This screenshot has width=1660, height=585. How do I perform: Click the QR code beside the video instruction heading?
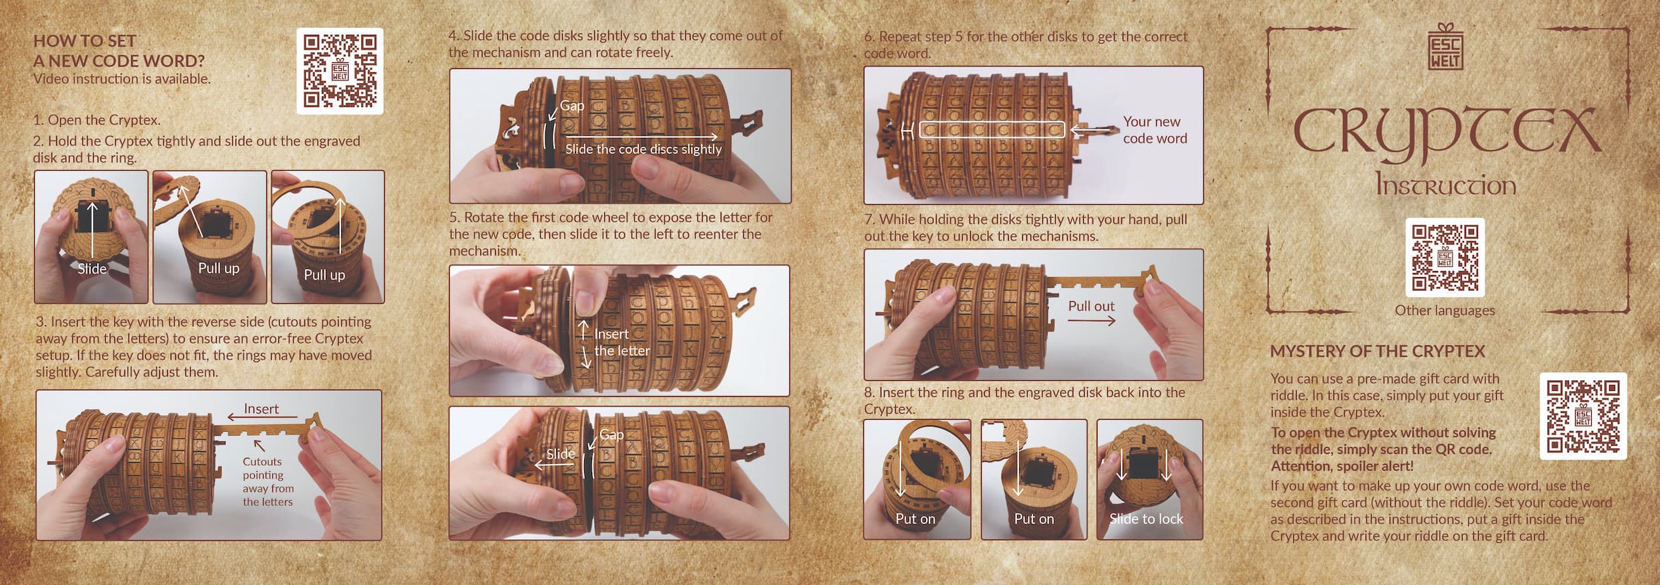(x=340, y=71)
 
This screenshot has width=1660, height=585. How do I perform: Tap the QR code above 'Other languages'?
(x=1445, y=257)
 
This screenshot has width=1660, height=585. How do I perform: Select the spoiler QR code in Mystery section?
(x=1583, y=416)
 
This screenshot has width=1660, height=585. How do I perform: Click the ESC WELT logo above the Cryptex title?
(x=1445, y=46)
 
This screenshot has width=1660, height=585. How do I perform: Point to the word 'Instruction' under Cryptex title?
(x=1445, y=184)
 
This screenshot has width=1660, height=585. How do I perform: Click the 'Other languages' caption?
(x=1445, y=311)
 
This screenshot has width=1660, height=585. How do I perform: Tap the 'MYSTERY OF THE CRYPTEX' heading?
(x=1378, y=351)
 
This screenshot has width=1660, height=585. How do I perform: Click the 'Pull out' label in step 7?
(x=1091, y=306)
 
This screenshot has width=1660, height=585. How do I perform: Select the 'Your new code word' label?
(x=1155, y=130)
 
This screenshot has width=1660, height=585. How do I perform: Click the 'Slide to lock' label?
(x=1146, y=519)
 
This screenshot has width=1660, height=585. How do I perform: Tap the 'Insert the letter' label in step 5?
(x=622, y=342)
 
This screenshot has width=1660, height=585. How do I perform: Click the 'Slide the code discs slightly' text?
(x=644, y=149)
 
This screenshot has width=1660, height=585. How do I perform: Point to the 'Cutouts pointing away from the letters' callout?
(x=268, y=481)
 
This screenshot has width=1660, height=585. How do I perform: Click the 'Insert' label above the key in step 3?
(x=261, y=408)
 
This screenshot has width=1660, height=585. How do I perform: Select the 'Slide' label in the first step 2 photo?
(x=92, y=268)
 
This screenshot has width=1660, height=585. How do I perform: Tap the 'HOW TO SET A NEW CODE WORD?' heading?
(x=119, y=51)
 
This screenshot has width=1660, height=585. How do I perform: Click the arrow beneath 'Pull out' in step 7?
(x=1091, y=321)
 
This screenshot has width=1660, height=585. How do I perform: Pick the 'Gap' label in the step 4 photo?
(x=572, y=106)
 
